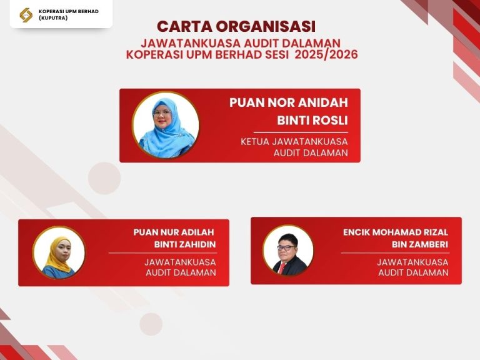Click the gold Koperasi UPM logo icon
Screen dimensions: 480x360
[x=26, y=15]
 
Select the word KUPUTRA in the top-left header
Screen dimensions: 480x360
[x=53, y=17]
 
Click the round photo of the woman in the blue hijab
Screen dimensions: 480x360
[x=165, y=125]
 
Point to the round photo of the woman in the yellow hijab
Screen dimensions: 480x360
[x=59, y=252]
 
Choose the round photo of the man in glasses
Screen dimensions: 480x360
[x=288, y=250]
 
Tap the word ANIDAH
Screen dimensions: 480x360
[x=323, y=102]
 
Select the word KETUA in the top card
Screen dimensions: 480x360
[x=255, y=142]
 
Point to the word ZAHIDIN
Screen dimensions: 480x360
[x=198, y=244]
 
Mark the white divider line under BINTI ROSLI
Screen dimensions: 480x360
[x=301, y=132]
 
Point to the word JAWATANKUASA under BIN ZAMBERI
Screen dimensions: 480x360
[x=412, y=262]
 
